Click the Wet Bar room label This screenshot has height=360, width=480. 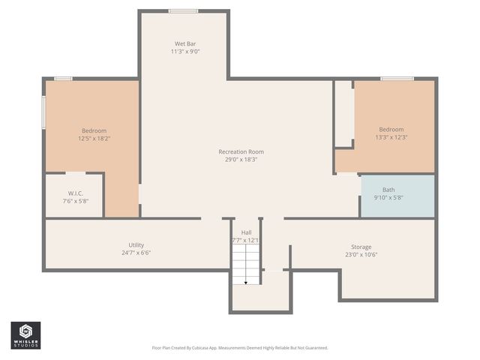[186, 43]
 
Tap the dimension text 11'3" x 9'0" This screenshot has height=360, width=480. [186, 52]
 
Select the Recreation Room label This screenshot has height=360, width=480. [241, 151]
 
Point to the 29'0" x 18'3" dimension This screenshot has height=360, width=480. [241, 159]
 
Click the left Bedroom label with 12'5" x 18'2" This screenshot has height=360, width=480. [94, 130]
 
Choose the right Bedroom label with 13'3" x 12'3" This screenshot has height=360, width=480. [391, 129]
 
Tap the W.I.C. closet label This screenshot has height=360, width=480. [75, 193]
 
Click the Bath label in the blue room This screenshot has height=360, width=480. [388, 190]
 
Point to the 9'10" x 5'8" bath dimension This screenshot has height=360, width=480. [388, 198]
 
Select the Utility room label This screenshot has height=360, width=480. [136, 245]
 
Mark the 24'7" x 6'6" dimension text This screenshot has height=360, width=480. [136, 253]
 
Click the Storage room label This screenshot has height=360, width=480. [361, 247]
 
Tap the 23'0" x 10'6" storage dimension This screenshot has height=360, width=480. [361, 254]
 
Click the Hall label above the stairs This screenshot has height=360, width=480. [246, 232]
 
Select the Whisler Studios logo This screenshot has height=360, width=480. [25, 335]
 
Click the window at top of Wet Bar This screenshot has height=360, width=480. [183, 10]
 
